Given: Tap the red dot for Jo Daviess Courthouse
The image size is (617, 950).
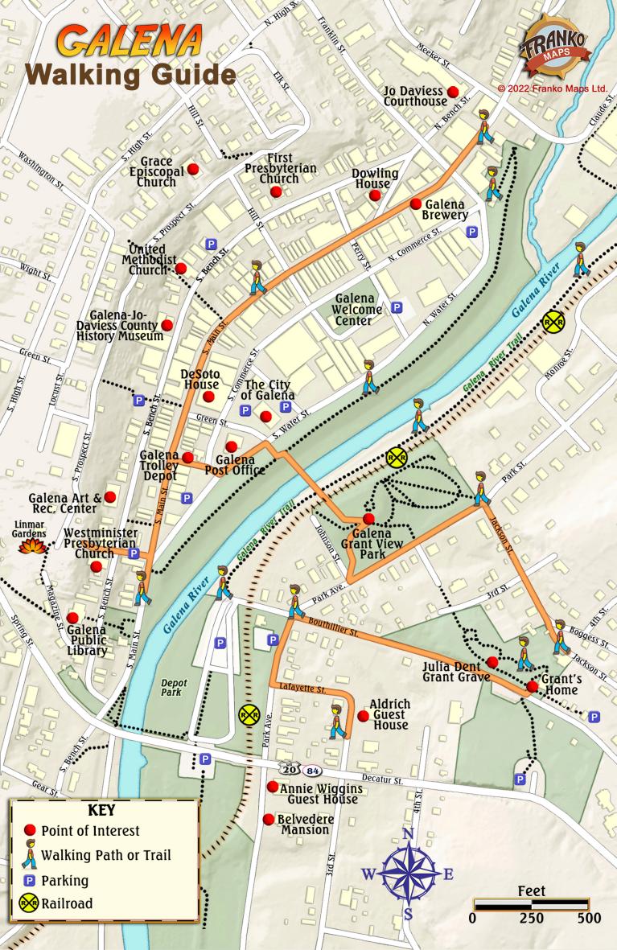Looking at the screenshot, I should (x=453, y=92).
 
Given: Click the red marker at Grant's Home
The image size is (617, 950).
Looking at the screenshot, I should (x=532, y=686).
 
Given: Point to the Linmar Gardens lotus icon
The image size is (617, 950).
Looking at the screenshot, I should (x=30, y=546).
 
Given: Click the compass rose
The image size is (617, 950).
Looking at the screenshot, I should (x=408, y=874).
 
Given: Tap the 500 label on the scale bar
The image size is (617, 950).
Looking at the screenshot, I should (x=589, y=919).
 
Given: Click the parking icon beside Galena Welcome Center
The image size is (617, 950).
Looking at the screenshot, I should (x=397, y=307).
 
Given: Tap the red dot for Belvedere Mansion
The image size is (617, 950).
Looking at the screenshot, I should (x=268, y=819).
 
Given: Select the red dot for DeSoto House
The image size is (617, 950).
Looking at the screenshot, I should (x=209, y=397).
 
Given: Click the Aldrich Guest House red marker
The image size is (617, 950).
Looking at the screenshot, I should (x=363, y=716).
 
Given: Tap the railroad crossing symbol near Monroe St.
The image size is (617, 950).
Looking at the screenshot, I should (x=553, y=322).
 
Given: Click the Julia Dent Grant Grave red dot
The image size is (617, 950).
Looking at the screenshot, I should (x=493, y=662).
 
